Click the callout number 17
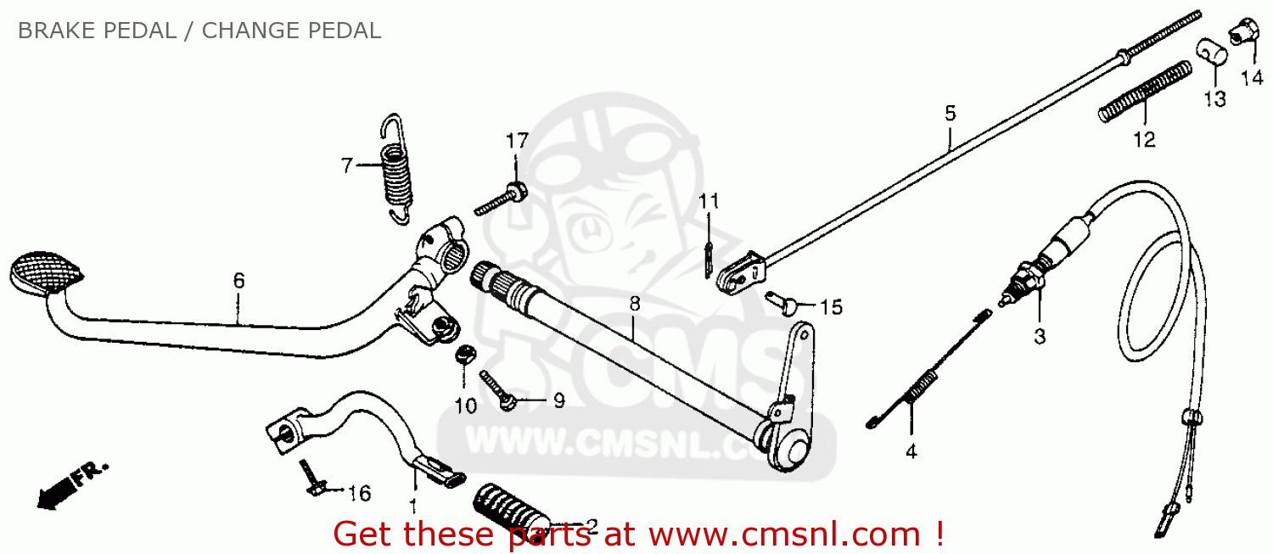click(x=517, y=140)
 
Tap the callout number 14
click(x=1252, y=77)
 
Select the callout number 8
click(x=635, y=304)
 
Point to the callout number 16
click(x=359, y=493)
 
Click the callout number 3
click(x=1040, y=336)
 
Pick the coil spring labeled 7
click(x=396, y=170)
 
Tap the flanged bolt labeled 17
click(x=501, y=199)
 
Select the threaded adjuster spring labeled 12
click(x=1146, y=92)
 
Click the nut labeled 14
click(x=1243, y=31)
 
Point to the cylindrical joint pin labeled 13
click(x=1213, y=53)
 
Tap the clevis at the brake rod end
click(x=742, y=273)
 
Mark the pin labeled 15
click(x=781, y=303)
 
